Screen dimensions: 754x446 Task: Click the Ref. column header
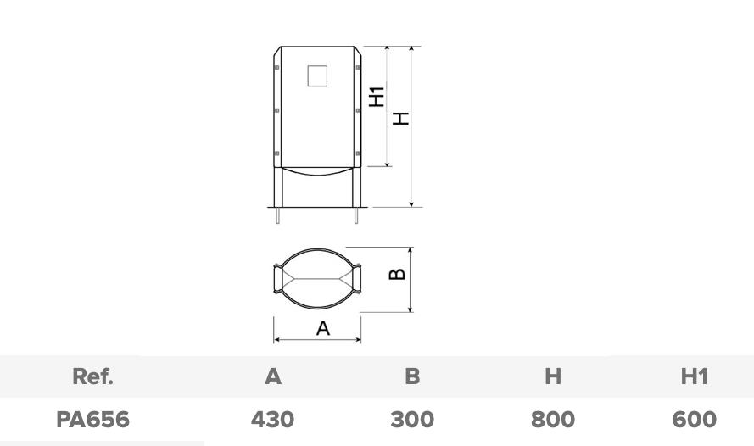pos(92,376)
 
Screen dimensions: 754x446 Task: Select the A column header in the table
pos(272,376)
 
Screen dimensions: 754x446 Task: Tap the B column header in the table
pos(412,376)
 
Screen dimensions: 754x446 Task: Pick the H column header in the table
pos(553,376)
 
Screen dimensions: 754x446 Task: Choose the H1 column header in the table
pos(695,376)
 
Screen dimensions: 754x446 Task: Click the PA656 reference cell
pos(92,420)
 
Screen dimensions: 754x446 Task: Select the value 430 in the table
pos(272,420)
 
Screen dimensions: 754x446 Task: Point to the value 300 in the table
pos(412,420)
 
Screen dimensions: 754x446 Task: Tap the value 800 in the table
pos(553,420)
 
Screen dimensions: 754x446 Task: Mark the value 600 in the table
pos(695,420)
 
